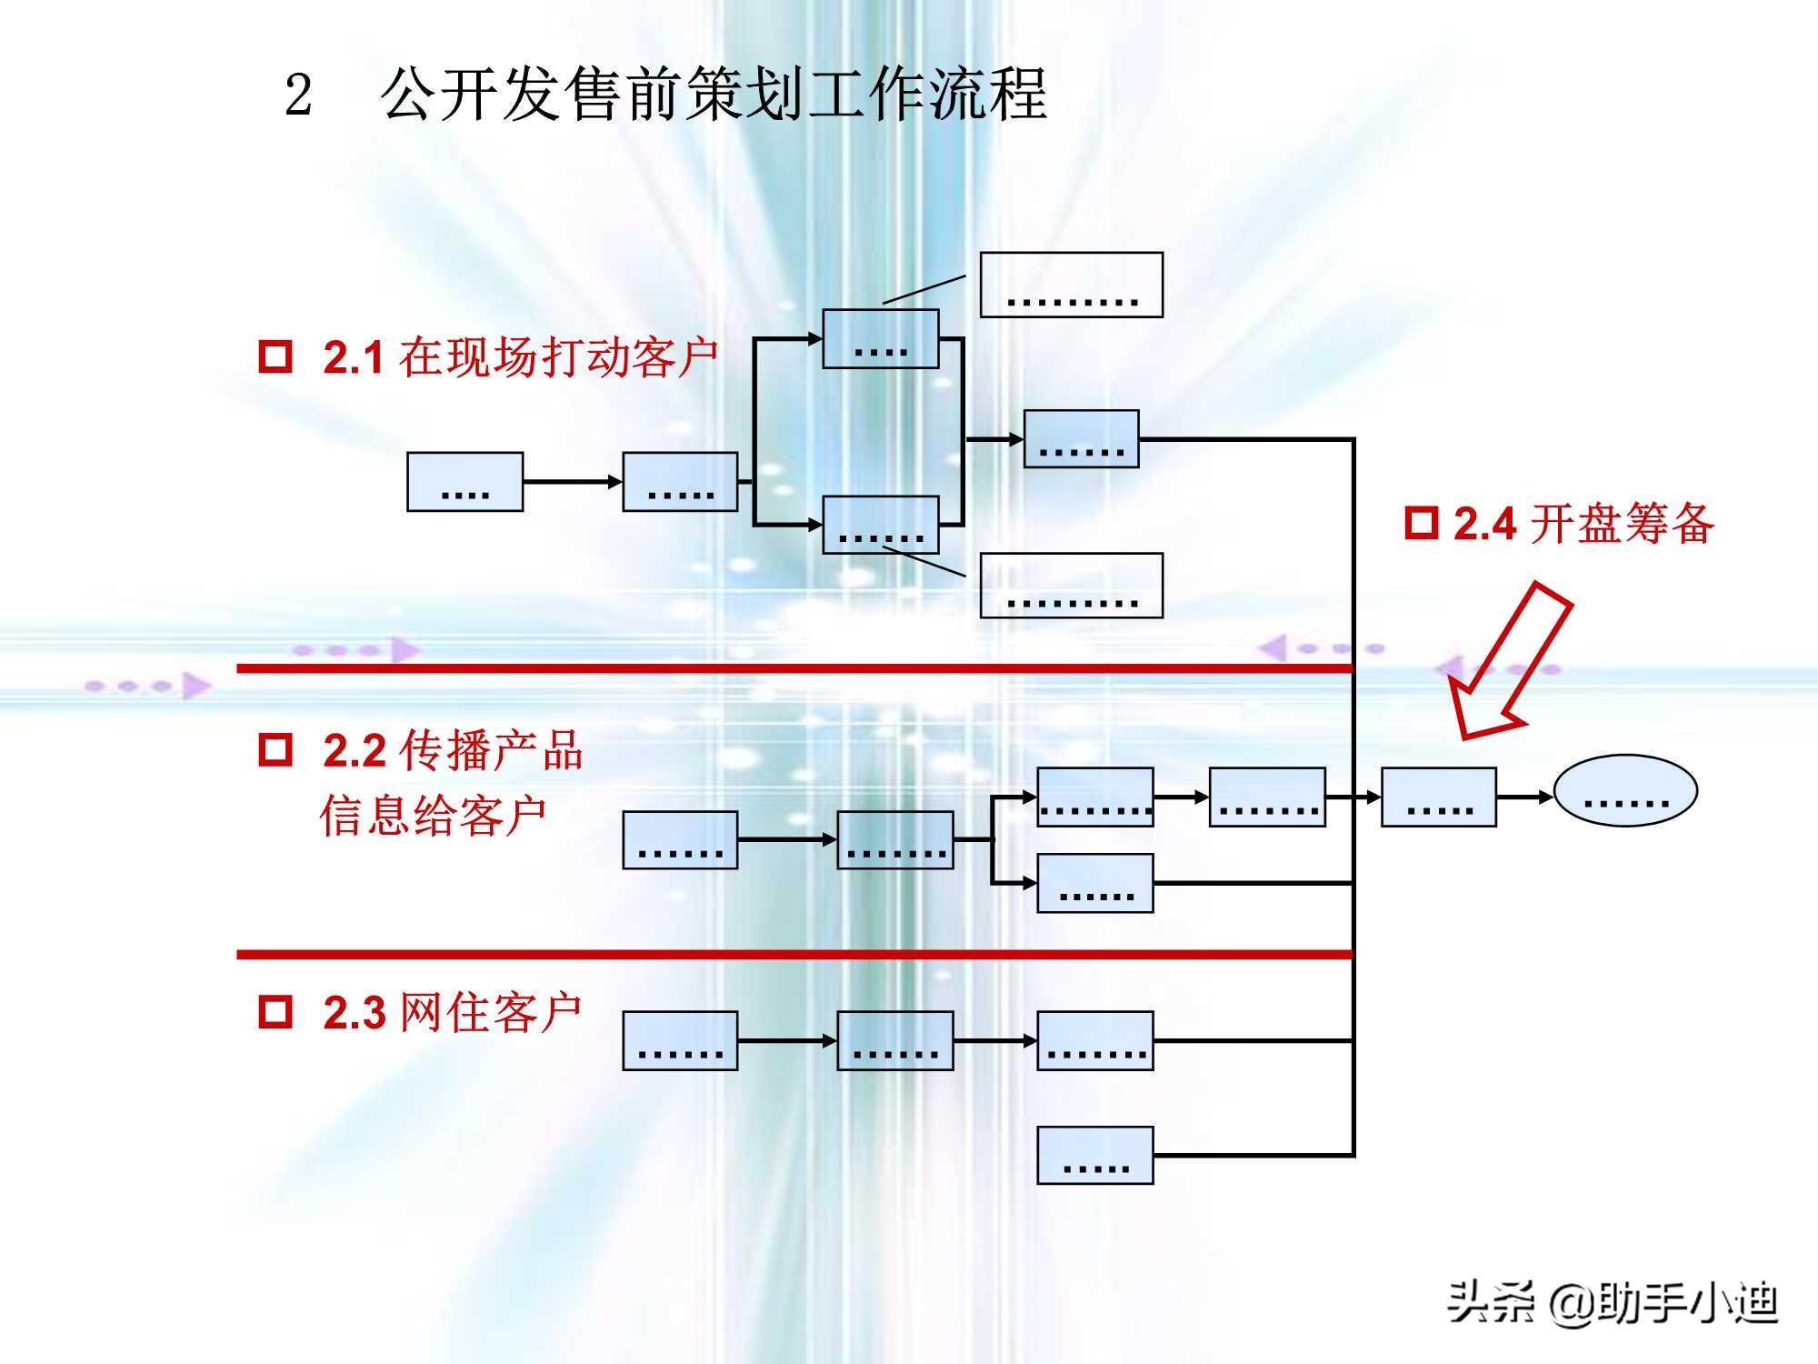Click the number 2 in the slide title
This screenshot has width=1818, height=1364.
coord(298,95)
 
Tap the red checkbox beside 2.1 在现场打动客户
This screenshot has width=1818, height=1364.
coord(275,356)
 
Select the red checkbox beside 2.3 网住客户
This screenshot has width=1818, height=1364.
coord(275,1011)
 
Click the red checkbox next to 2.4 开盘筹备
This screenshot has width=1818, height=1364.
coord(1422,523)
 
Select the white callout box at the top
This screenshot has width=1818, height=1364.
coord(1071,285)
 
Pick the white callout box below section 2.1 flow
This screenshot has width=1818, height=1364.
coord(1071,586)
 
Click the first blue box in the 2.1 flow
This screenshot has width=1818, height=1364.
coord(464,482)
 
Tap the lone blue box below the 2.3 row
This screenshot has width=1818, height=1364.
coord(1095,1155)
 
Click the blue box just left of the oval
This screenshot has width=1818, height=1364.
coord(1438,797)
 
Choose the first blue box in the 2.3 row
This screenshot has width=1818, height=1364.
coord(680,1040)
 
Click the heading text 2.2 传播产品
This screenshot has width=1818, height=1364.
coord(453,750)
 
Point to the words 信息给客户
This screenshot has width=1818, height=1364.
coord(433,815)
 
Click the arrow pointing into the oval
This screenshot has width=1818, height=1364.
coord(1525,797)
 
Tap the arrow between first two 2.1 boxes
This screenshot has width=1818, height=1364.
coord(573,482)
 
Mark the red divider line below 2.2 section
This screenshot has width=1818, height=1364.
coord(794,954)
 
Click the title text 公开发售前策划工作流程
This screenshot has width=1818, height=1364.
coord(714,95)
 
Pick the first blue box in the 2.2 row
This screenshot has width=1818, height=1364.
coord(680,840)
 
